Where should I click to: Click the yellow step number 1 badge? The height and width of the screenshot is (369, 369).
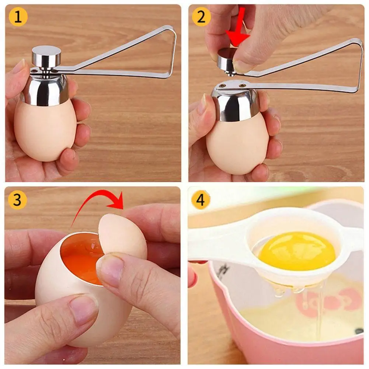click(x=18, y=17)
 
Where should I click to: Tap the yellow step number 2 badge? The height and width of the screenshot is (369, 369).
click(x=201, y=17)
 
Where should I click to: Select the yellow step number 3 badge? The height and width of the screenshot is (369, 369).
click(x=17, y=200)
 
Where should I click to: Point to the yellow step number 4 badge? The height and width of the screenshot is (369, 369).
click(x=201, y=200)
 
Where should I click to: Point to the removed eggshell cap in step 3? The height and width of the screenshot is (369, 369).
click(x=122, y=235)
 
